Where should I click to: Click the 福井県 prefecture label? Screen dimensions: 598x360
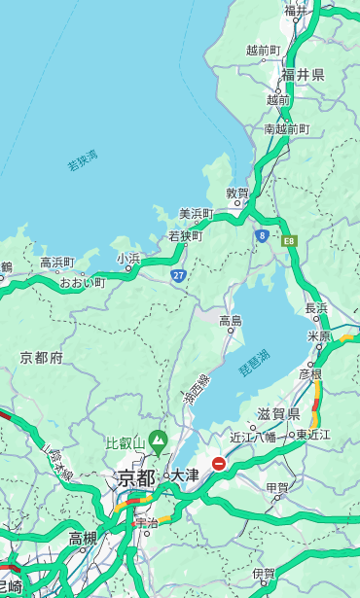tap(303, 75)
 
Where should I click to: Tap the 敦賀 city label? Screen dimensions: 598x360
tap(238, 193)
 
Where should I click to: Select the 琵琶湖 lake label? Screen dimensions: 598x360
tap(254, 363)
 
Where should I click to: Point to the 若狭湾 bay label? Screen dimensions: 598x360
tap(83, 161)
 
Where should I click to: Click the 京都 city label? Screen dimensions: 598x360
tap(136, 477)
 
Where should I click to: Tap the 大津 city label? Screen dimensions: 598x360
tap(185, 475)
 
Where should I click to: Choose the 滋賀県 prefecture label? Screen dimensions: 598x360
tap(278, 414)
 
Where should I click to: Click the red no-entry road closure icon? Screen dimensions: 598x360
tap(219, 464)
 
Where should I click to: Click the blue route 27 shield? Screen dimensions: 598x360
tap(179, 275)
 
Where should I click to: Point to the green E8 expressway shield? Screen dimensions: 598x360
tap(289, 239)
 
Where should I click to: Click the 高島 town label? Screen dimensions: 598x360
tap(231, 321)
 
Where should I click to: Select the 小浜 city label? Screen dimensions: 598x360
tap(128, 259)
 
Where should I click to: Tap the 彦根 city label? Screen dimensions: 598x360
tap(309, 373)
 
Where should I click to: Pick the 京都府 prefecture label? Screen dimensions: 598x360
tap(42, 358)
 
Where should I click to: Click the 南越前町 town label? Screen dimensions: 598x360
tap(286, 129)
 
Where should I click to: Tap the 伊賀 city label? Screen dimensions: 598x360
tap(264, 574)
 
